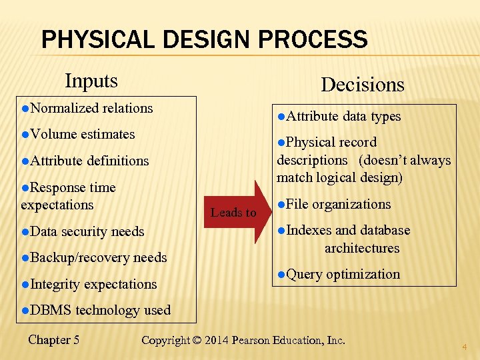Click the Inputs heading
[91, 81]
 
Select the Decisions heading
[362, 85]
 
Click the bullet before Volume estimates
[25, 134]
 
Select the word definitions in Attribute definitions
[117, 161]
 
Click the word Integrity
[55, 284]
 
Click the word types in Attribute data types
[386, 117]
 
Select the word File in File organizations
[297, 204]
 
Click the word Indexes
[309, 230]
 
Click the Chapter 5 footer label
[54, 339]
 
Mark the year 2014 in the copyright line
[215, 340]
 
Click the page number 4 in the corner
[465, 347]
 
